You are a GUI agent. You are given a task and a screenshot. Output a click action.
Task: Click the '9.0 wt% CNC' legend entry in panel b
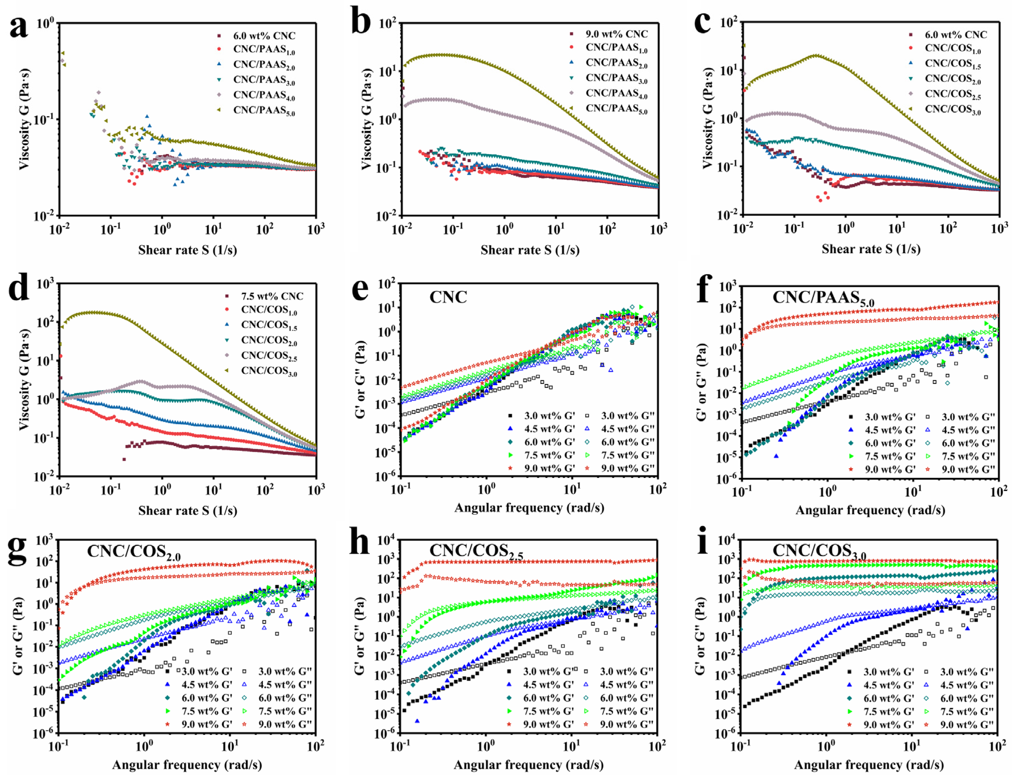[x=616, y=34]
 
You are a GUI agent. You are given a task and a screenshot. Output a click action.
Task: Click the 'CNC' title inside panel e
[x=448, y=297]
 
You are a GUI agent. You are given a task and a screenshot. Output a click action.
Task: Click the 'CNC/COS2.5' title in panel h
[x=476, y=552]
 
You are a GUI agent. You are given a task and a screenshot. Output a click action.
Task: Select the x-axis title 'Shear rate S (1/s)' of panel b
[x=530, y=250]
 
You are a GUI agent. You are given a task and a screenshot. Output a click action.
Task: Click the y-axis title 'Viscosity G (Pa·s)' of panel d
[x=24, y=379]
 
